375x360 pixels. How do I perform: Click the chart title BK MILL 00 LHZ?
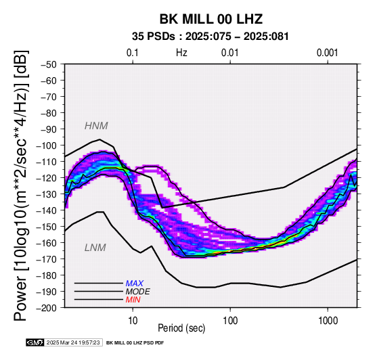click(x=211, y=19)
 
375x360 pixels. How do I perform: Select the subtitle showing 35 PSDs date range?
click(x=211, y=37)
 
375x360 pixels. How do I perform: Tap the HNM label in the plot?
click(x=96, y=126)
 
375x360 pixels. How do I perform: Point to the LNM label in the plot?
click(x=95, y=248)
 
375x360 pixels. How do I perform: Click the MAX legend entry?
click(x=135, y=284)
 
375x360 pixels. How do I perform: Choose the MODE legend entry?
click(x=138, y=292)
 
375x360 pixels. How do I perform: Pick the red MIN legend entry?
click(x=133, y=300)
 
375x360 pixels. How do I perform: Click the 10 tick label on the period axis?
click(x=133, y=321)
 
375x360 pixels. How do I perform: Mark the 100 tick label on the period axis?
click(x=230, y=321)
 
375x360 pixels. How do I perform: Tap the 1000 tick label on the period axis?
click(x=328, y=321)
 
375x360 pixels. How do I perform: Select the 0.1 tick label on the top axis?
click(x=133, y=53)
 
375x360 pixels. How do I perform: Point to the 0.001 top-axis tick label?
click(x=327, y=53)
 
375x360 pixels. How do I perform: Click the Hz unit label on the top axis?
click(x=181, y=53)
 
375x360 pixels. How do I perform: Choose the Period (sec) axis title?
click(x=181, y=328)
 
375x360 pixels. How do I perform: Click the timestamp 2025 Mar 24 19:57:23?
click(x=73, y=342)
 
